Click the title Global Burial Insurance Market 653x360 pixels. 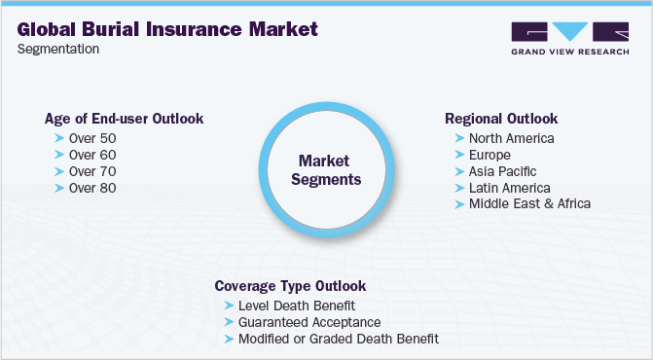pyautogui.click(x=167, y=29)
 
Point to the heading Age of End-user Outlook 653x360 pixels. pyautogui.click(x=124, y=119)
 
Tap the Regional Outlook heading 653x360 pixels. pyautogui.click(x=501, y=119)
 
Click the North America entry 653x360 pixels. pyautogui.click(x=511, y=138)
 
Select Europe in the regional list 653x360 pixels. pyautogui.click(x=490, y=155)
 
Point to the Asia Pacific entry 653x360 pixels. pyautogui.click(x=502, y=171)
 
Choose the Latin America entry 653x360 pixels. pyautogui.click(x=509, y=188)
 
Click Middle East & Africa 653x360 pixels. pyautogui.click(x=529, y=204)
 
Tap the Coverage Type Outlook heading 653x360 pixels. pyautogui.click(x=290, y=286)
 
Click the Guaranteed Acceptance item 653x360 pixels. pyautogui.click(x=308, y=322)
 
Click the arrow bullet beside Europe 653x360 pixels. pyautogui.click(x=458, y=155)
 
